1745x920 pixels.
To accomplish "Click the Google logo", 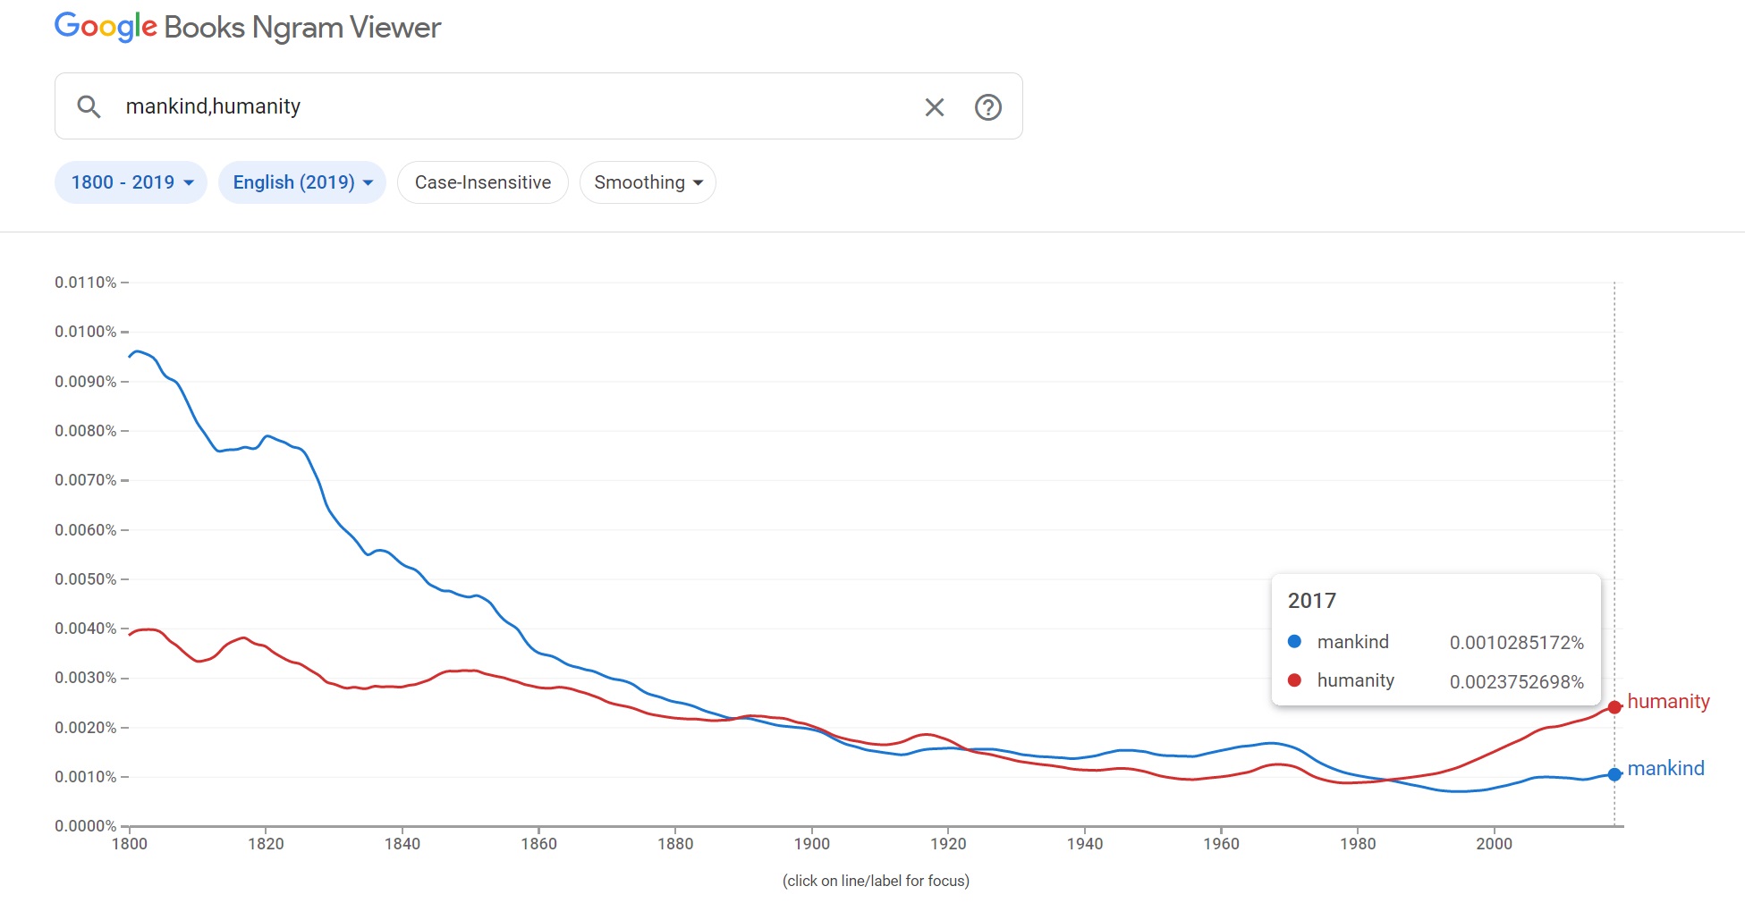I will coord(106,27).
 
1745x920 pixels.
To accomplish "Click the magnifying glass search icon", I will coord(89,107).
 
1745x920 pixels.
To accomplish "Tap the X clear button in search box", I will coord(934,107).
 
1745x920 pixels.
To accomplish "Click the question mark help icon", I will coord(987,107).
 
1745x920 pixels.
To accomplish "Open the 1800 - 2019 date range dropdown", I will coord(131,182).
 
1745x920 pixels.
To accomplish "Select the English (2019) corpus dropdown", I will coord(301,182).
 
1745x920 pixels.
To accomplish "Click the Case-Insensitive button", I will coord(483,182).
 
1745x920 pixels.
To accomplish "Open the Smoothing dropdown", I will coord(648,182).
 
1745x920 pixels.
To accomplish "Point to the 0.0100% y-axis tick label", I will coord(86,332).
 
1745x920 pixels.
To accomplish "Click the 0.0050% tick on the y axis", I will coord(86,579).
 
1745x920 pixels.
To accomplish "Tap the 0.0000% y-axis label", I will coord(86,826).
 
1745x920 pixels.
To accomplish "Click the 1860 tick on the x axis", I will coord(538,844).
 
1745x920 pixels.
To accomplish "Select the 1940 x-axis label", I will coord(1084,844).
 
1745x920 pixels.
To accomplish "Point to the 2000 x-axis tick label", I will coord(1494,844).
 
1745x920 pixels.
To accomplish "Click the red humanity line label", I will coord(1668,702).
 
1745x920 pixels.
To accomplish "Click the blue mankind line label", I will coord(1665,769).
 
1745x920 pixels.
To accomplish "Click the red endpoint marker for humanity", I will coord(1614,707).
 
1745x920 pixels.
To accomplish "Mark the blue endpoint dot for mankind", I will coord(1614,774).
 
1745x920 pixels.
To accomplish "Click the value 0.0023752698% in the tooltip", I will coord(1516,682).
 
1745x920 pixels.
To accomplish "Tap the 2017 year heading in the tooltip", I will coord(1311,601).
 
